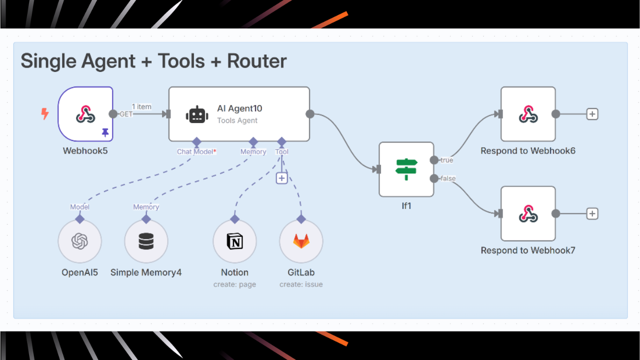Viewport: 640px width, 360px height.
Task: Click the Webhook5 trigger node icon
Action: point(85,114)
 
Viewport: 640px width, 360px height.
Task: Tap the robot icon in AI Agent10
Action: point(197,114)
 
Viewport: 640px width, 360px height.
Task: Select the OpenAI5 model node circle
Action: point(79,241)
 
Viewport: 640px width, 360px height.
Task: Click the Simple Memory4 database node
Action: point(146,241)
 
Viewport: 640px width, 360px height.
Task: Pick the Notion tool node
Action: point(234,241)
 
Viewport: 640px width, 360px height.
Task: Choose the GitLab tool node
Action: point(301,241)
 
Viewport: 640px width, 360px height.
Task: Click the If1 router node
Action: point(406,169)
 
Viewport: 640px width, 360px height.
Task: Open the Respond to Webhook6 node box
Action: point(528,114)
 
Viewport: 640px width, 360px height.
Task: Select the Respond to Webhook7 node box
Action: point(528,213)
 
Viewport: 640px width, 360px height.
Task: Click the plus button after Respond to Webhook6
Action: point(592,114)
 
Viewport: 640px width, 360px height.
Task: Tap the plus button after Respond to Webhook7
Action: point(592,213)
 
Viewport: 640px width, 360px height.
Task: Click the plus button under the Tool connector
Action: point(282,177)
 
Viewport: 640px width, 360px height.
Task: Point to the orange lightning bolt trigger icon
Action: point(45,114)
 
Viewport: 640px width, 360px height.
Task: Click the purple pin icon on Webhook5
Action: point(105,132)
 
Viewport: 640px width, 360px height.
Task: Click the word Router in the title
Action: point(257,61)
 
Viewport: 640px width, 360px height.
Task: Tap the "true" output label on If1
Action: point(446,160)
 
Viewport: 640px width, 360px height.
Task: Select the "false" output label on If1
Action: point(448,178)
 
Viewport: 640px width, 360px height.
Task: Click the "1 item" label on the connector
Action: point(141,106)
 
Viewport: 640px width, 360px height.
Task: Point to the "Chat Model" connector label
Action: point(195,151)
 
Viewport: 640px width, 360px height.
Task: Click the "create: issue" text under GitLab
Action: point(301,284)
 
